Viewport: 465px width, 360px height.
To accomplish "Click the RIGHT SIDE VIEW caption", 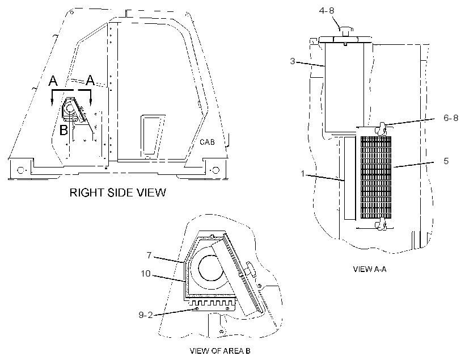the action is click(x=118, y=192).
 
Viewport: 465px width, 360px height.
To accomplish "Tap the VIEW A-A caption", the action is click(x=370, y=269).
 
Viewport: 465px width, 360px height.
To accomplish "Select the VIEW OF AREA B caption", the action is click(x=220, y=351).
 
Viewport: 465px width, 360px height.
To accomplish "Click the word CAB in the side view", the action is click(x=207, y=142).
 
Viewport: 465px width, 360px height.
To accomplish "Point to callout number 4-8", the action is click(x=327, y=11).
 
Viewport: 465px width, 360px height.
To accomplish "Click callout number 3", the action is click(x=293, y=61).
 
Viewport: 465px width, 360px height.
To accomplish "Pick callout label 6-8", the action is click(x=451, y=118).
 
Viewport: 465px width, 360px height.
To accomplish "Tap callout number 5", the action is click(x=446, y=161).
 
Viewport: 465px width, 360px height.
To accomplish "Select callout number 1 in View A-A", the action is click(x=302, y=173).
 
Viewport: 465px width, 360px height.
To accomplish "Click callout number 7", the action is click(x=149, y=255).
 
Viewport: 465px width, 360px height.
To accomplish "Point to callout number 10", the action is click(x=146, y=273).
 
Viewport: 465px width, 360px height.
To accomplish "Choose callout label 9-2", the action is click(x=146, y=315).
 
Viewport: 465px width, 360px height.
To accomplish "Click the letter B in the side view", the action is click(x=64, y=130).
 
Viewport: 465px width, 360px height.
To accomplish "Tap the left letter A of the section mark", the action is click(x=53, y=81).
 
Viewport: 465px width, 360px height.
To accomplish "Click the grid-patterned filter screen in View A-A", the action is click(x=376, y=177).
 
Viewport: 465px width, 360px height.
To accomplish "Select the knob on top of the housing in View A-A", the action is click(x=345, y=31).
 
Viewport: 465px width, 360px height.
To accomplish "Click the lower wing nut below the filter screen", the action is click(x=381, y=224).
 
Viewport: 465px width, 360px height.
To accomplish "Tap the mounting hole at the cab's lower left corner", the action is click(x=20, y=170).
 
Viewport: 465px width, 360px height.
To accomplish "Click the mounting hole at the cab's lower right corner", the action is click(x=216, y=170).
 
